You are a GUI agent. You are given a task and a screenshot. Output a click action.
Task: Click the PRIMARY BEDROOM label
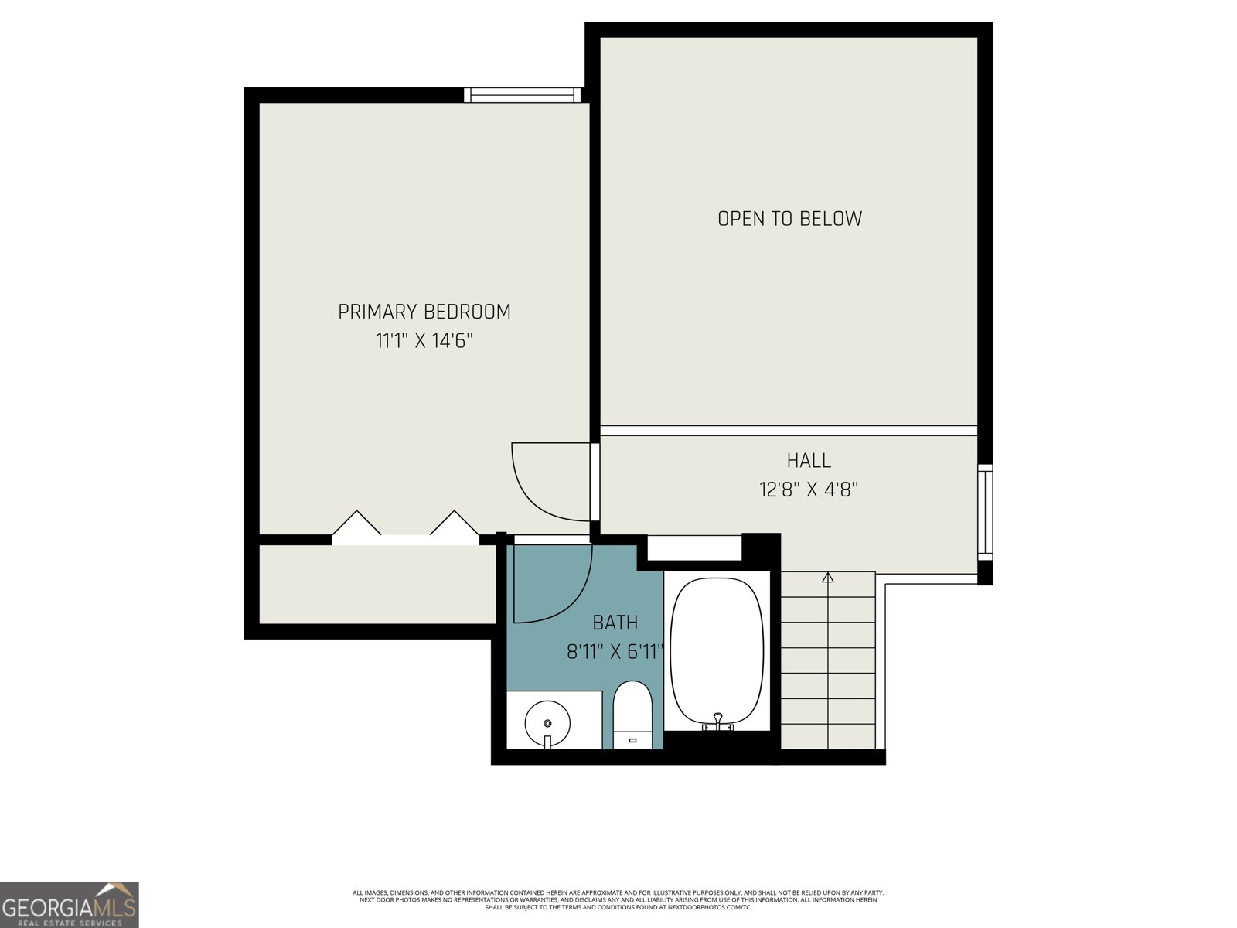(424, 312)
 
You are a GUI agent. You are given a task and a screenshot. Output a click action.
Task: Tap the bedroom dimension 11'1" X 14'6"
(424, 341)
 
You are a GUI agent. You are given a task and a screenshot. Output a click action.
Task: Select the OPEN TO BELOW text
(789, 219)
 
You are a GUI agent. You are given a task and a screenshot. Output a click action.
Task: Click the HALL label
(809, 461)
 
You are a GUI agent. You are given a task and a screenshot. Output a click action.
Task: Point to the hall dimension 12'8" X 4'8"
(809, 490)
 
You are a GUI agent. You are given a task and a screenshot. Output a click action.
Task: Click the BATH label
(615, 623)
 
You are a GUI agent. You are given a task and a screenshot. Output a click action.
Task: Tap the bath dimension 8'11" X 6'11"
(615, 652)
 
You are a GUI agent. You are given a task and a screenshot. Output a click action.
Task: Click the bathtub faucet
(718, 722)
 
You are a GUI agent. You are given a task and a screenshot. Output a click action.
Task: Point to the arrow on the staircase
(828, 577)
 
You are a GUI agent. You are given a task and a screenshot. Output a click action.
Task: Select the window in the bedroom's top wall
(522, 95)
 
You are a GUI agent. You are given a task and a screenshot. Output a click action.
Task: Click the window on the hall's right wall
(984, 512)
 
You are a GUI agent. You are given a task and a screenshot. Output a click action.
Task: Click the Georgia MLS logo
(69, 905)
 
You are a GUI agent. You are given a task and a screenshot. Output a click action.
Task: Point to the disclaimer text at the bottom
(618, 900)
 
